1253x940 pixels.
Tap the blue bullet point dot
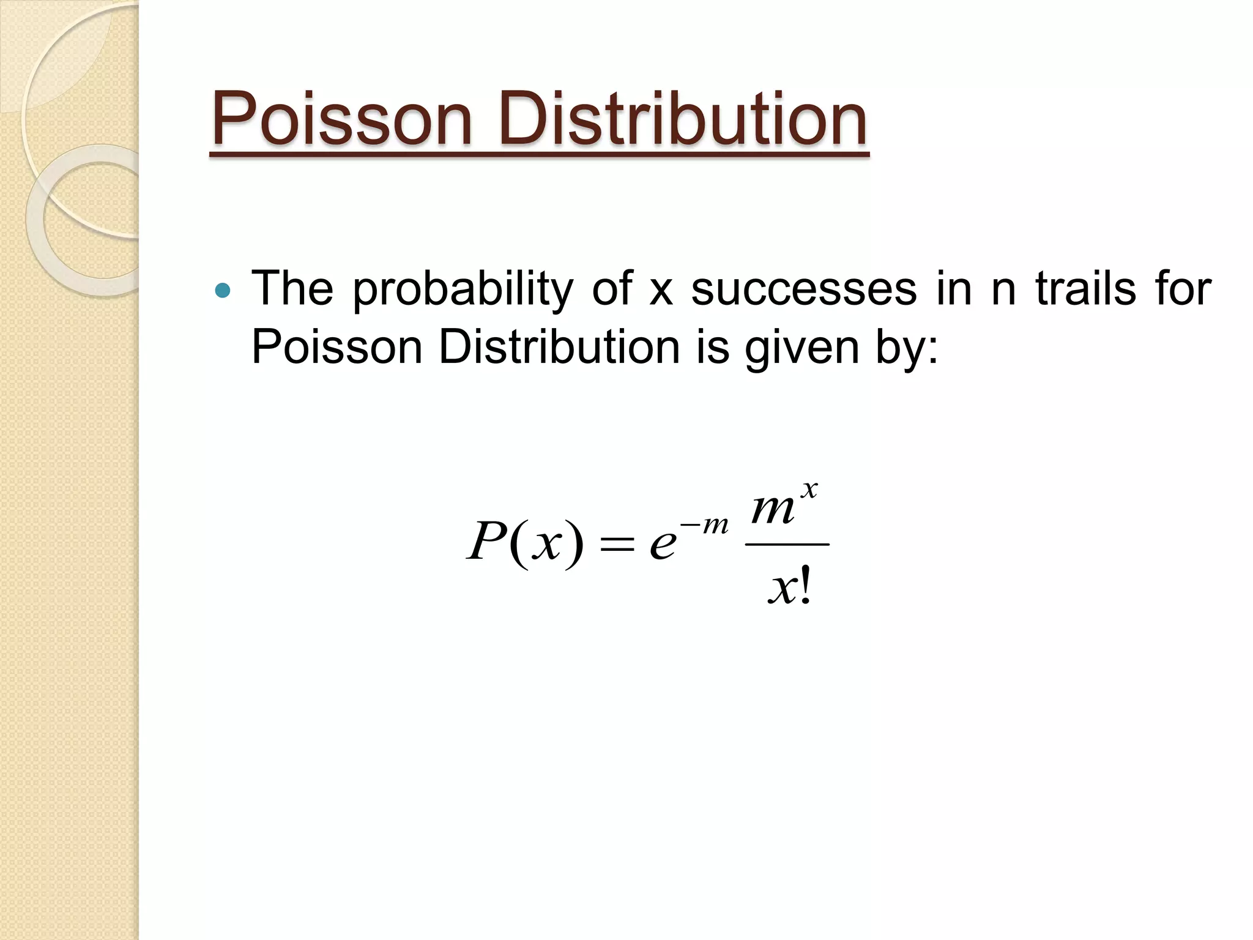[224, 290]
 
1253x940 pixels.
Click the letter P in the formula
[486, 542]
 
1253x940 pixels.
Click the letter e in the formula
[663, 543]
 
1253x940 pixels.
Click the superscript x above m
[809, 490]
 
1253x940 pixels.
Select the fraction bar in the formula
[787, 544]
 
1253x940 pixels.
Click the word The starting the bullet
[292, 289]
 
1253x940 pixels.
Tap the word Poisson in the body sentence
[337, 348]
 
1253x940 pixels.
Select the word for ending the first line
[1183, 289]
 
